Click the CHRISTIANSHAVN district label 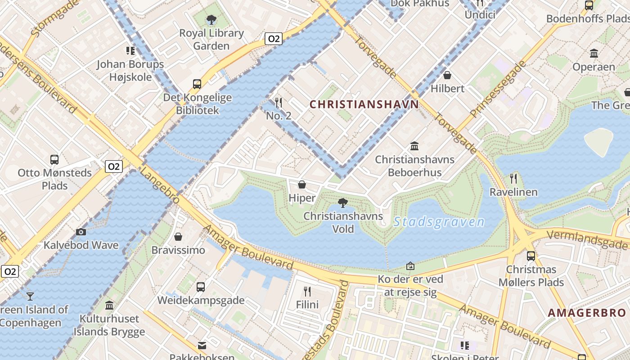(x=364, y=104)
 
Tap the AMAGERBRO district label (x=586, y=313)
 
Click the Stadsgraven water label (x=439, y=222)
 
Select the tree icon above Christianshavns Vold (x=343, y=203)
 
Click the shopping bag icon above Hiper (x=302, y=184)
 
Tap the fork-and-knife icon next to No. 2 (x=279, y=103)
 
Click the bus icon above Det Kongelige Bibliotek (x=197, y=84)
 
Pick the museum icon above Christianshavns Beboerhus (x=414, y=146)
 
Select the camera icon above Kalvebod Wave (x=81, y=232)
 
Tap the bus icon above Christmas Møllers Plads (x=531, y=256)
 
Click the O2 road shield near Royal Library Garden (x=273, y=39)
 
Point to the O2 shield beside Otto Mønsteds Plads (x=113, y=166)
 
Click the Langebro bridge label (x=159, y=185)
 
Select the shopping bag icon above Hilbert (x=447, y=75)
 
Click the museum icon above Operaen (x=594, y=54)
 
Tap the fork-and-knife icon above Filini (x=307, y=291)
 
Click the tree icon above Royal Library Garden (x=211, y=20)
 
